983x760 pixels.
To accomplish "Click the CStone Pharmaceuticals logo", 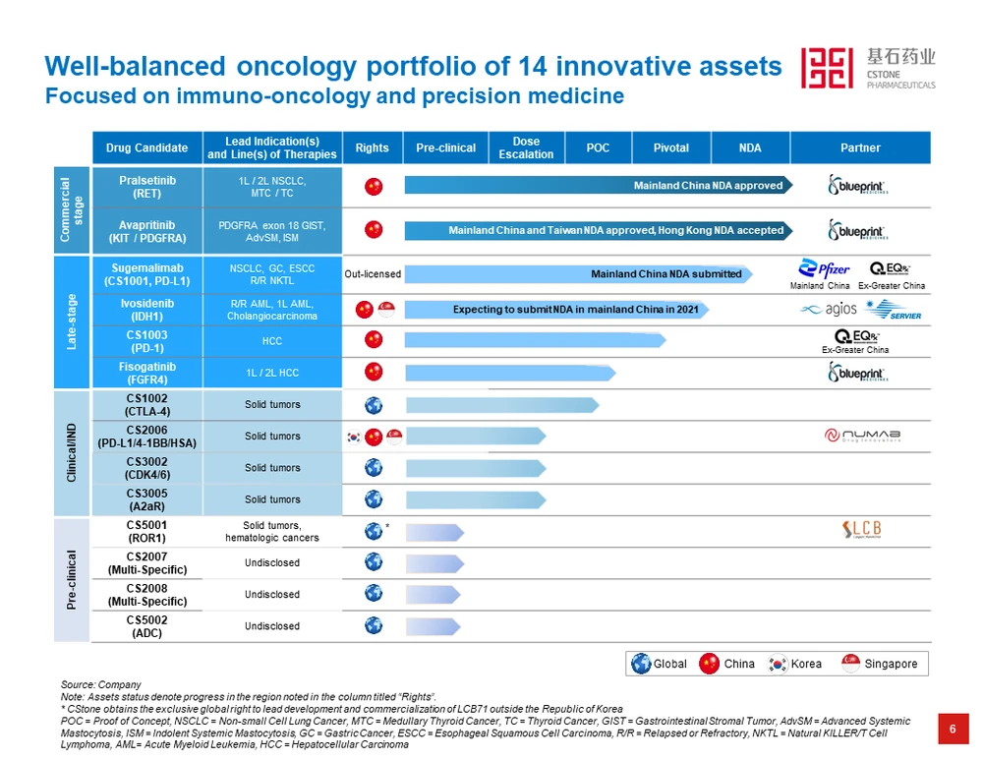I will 867,68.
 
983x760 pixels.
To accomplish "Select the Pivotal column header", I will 670,147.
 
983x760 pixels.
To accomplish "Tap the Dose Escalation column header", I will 526,147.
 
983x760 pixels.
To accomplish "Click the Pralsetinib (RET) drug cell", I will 146,187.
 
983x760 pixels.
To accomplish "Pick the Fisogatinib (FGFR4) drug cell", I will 146,373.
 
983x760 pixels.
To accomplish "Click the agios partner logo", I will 829,310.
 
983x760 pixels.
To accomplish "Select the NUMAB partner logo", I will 862,436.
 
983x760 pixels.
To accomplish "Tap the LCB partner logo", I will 862,530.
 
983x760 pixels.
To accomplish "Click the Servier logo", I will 894,310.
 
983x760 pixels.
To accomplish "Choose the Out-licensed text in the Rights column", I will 372,274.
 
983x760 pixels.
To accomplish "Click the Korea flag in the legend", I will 779,664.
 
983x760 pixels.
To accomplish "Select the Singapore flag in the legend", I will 851,664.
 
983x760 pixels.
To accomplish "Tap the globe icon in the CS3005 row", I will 373,498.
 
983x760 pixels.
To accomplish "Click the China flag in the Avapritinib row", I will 373,229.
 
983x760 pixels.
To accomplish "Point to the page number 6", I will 952,729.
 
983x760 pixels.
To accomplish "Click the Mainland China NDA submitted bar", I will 580,274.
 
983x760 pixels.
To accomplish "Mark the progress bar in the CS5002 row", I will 434,625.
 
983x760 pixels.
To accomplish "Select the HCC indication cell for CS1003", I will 272,341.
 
